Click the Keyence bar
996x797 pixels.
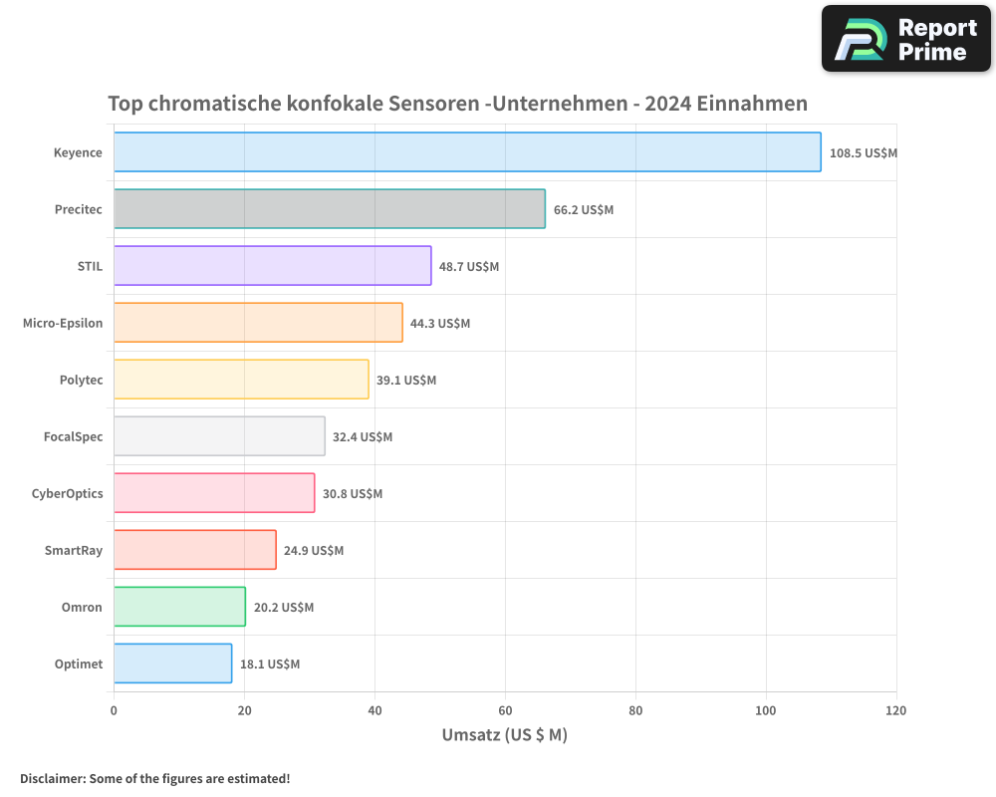(x=467, y=152)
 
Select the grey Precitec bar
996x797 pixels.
(x=329, y=209)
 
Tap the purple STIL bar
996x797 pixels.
(x=272, y=266)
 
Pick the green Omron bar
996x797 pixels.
(x=179, y=607)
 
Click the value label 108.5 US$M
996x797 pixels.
(x=864, y=153)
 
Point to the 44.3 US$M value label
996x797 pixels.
(x=440, y=324)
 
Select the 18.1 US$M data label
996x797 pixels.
(x=270, y=664)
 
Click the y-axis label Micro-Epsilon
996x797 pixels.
(x=63, y=323)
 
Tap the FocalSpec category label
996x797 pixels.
(x=73, y=436)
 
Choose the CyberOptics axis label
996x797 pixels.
(x=68, y=493)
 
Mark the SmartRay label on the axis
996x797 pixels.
(x=74, y=550)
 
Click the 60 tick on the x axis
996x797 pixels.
(x=505, y=710)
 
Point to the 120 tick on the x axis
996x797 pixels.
(x=895, y=710)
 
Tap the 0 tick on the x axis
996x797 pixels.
(x=114, y=710)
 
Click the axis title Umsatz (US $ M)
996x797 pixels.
(x=504, y=735)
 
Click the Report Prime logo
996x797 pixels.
(x=906, y=39)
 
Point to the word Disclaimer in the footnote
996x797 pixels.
(x=52, y=779)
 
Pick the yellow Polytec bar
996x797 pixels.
(x=241, y=380)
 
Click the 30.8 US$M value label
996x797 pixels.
(x=353, y=494)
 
